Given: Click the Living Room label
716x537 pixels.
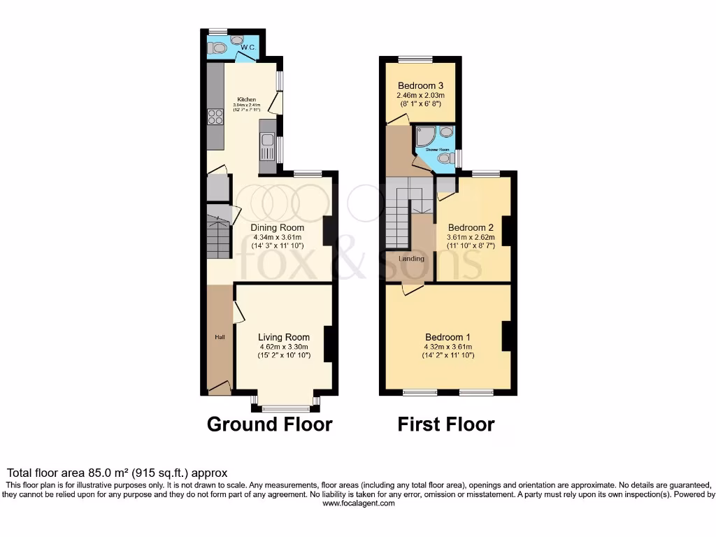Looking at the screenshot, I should click(x=283, y=337).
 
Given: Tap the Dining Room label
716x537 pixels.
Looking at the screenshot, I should click(x=278, y=227).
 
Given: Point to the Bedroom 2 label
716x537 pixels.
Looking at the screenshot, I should click(x=471, y=227).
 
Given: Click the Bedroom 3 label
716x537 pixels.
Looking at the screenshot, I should click(x=421, y=86).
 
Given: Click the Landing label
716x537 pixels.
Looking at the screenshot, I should click(x=411, y=259).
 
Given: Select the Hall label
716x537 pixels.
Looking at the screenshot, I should click(x=220, y=338).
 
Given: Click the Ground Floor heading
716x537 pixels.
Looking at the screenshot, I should click(x=269, y=424).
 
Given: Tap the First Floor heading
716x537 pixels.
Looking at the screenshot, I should click(x=446, y=424).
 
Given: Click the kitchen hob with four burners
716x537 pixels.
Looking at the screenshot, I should click(x=215, y=117).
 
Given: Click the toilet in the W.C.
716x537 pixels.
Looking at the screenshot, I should click(x=218, y=48).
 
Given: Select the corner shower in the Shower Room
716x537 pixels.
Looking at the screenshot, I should click(x=425, y=136).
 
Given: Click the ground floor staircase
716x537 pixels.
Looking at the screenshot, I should click(x=220, y=234).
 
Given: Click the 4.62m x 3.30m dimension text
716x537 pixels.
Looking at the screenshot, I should click(x=283, y=347).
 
